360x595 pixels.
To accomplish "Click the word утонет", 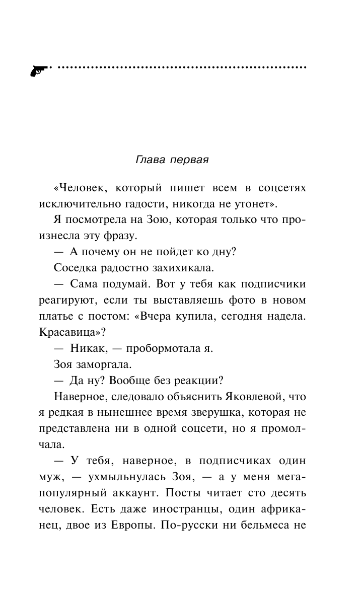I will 252,204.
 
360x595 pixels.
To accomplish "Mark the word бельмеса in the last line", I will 268,523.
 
